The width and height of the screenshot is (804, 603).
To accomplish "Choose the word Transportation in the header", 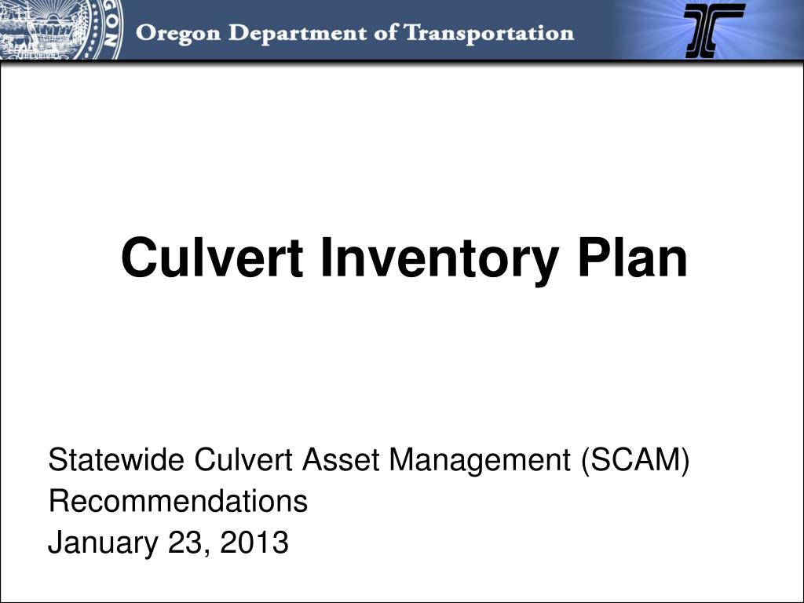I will pos(488,34).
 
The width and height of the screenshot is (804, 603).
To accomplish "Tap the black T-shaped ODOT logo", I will pos(714,30).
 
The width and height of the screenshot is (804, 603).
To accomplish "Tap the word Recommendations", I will pos(178,501).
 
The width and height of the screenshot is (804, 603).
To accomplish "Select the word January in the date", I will pos(102,542).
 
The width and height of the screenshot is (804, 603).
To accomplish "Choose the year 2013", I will pos(254,542).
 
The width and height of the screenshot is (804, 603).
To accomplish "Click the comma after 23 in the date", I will pos(206,550).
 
